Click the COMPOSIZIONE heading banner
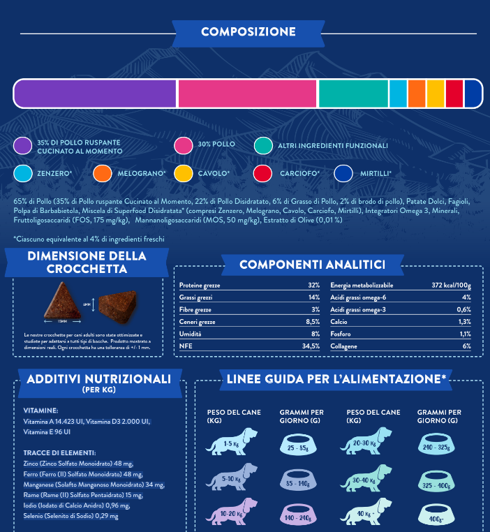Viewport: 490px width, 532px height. [248, 32]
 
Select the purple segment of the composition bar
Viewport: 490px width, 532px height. [95, 94]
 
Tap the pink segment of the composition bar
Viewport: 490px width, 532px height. [247, 94]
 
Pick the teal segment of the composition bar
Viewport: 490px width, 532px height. [352, 94]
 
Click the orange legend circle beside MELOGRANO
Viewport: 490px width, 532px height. [103, 173]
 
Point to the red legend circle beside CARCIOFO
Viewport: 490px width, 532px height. [263, 173]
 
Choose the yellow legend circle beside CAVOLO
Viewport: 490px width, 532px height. [184, 173]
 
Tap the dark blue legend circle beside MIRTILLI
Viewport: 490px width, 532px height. [344, 173]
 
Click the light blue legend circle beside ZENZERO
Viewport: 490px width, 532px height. [23, 173]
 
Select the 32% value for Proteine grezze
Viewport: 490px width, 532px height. [313, 286]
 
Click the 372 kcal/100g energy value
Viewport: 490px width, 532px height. [451, 286]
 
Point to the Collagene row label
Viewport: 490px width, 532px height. [345, 346]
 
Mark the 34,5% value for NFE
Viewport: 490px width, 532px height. [311, 346]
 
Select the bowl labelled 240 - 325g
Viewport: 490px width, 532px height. [440, 446]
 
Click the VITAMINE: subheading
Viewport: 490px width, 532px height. [40, 411]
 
